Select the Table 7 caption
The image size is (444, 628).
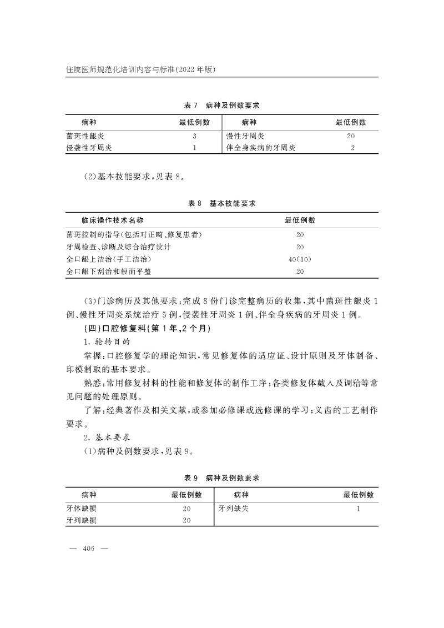click(222, 104)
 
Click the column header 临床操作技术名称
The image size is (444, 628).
click(112, 220)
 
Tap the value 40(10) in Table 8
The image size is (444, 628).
click(300, 259)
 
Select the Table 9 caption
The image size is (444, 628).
click(222, 478)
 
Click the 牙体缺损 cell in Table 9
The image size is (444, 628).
click(81, 508)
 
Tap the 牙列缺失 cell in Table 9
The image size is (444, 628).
click(233, 508)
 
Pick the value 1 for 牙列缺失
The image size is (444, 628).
click(359, 508)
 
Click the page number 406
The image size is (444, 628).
click(89, 549)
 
